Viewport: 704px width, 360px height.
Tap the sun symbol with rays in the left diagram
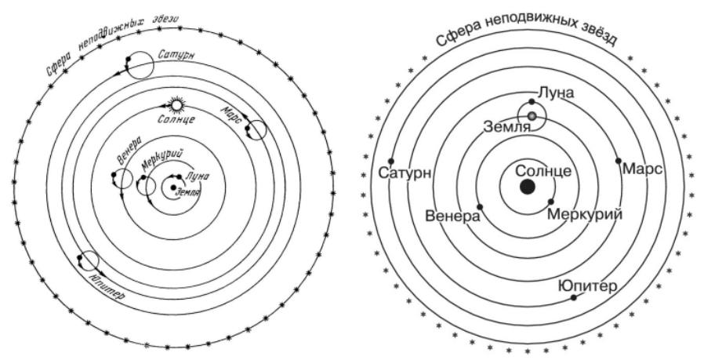(x=178, y=104)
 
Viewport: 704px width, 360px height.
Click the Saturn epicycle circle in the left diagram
(x=139, y=65)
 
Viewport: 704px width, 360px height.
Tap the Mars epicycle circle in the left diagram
(x=256, y=132)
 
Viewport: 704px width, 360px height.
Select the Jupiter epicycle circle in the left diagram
(x=88, y=263)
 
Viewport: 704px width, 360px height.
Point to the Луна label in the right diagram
(x=556, y=93)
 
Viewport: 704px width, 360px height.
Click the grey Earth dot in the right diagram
(x=532, y=116)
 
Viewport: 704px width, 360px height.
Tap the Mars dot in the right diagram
(x=619, y=161)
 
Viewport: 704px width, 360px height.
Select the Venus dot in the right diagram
(x=480, y=206)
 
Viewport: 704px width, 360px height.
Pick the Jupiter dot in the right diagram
(x=575, y=297)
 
